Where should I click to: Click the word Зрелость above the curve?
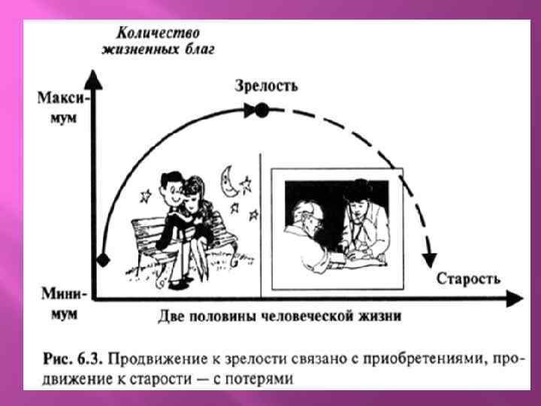(267, 86)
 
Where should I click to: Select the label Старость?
(468, 279)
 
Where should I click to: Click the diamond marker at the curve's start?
(104, 259)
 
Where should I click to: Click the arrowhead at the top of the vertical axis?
(92, 75)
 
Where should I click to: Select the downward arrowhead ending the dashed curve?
(430, 259)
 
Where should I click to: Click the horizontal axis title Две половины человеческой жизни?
(280, 316)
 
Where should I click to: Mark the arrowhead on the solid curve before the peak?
(248, 111)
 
